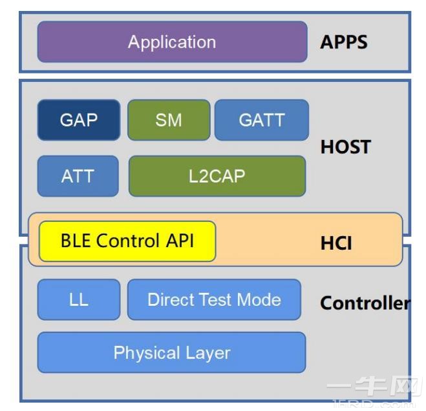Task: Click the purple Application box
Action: pos(172,42)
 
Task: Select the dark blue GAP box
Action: pos(79,120)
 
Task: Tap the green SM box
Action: pos(169,120)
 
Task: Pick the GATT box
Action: pos(261,120)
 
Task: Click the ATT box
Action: pos(78,175)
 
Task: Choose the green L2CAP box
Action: pos(217,175)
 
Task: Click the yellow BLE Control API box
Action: pos(127,241)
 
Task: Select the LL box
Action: pos(79,299)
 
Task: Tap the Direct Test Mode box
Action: pos(214,299)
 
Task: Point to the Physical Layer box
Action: pos(171,352)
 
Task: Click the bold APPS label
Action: pos(344,43)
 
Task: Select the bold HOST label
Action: pos(345,147)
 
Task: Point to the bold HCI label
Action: pos(336,244)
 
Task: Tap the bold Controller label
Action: pos(365,303)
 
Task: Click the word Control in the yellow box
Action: pos(127,241)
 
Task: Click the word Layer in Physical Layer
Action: pos(205,352)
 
